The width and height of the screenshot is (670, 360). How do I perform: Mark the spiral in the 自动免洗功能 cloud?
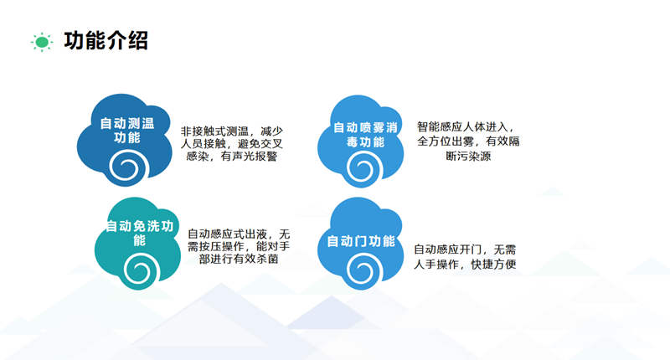click(139, 270)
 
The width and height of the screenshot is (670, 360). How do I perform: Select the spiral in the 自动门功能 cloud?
click(363, 272)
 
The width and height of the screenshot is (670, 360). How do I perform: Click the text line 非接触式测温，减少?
click(232, 131)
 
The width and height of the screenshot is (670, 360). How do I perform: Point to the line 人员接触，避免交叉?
click(232, 144)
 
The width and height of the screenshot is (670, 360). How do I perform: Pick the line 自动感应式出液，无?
click(239, 234)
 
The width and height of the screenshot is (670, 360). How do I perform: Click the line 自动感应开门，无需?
click(466, 249)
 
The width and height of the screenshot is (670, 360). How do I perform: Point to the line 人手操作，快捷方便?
click(466, 265)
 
